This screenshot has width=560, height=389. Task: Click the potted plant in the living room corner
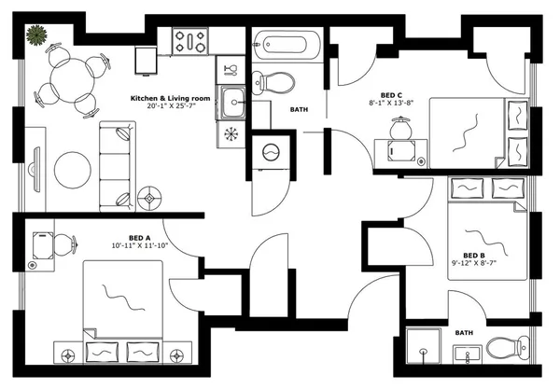click(36, 36)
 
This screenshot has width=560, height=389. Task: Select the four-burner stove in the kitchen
click(189, 40)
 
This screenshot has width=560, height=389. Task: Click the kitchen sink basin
click(231, 102)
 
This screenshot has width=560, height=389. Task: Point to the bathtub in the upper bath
click(289, 44)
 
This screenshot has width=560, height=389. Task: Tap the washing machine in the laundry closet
click(272, 151)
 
